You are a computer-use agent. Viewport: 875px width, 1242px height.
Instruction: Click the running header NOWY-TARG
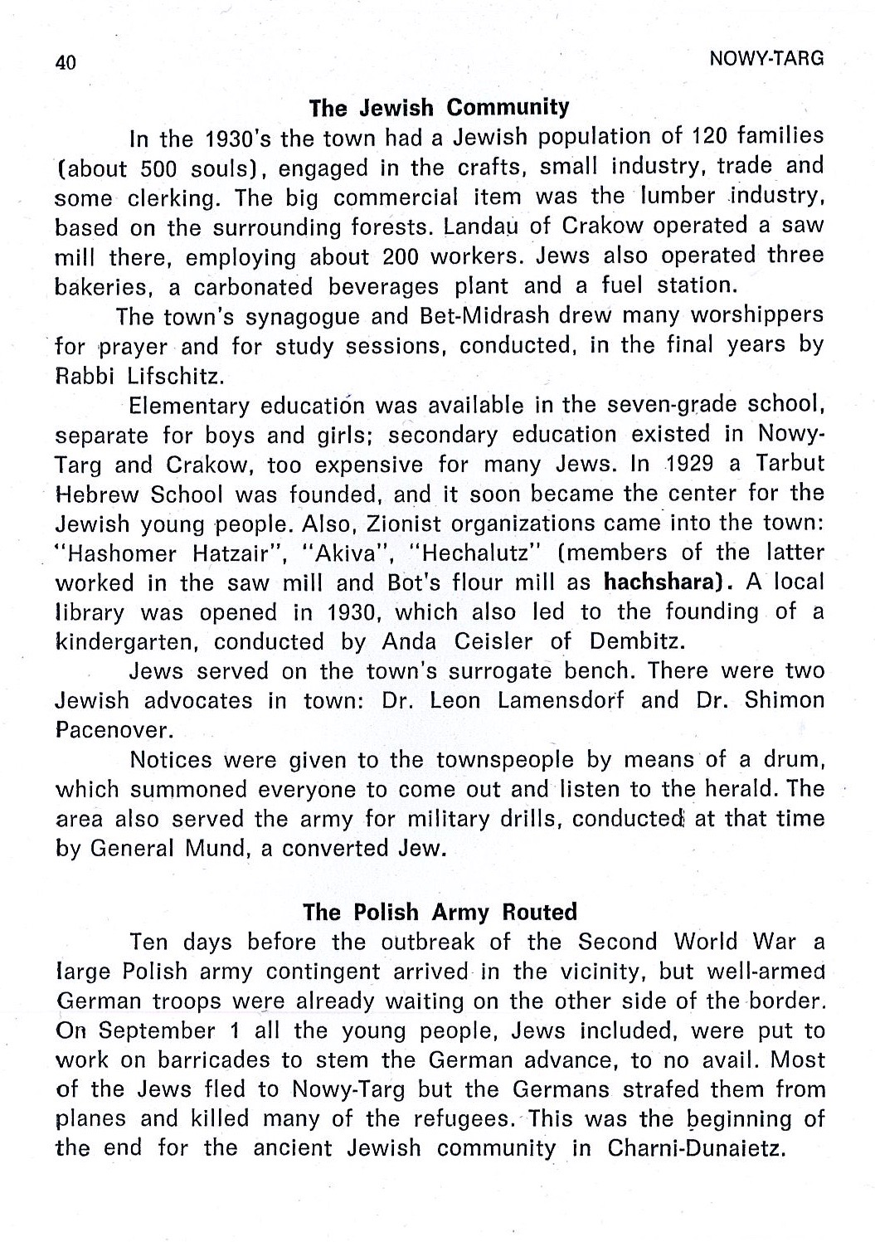coord(767,58)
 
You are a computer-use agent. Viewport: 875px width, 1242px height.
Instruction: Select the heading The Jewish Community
coord(439,107)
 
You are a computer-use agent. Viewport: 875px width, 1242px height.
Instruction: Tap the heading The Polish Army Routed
coord(440,912)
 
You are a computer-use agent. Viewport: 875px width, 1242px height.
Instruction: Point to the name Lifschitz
coord(175,376)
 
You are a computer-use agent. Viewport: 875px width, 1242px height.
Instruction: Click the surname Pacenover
coord(114,731)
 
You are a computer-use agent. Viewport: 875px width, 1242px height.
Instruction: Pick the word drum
coord(794,760)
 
